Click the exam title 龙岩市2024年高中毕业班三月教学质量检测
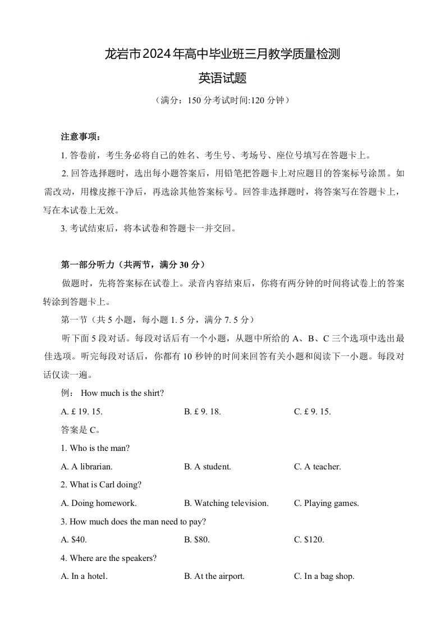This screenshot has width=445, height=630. click(222, 55)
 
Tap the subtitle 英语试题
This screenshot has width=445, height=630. click(222, 78)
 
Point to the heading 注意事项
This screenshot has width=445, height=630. click(80, 137)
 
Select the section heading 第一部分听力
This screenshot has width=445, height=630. click(133, 264)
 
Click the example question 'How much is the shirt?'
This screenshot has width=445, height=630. click(122, 393)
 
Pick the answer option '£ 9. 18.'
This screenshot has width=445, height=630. click(203, 412)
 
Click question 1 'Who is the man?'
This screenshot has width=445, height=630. click(95, 448)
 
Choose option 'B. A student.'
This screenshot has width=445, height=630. click(208, 467)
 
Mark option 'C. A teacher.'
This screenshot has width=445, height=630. click(318, 467)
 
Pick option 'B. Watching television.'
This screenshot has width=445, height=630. click(226, 503)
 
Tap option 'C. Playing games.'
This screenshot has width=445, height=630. click(326, 503)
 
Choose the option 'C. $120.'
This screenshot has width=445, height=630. click(309, 540)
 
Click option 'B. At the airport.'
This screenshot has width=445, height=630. click(214, 576)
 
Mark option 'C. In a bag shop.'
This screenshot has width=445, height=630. click(324, 576)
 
